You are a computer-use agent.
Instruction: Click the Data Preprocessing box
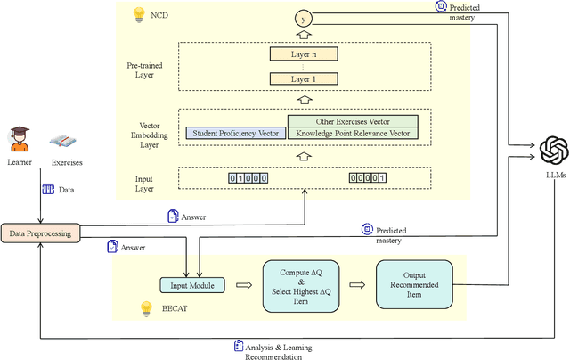[40, 233]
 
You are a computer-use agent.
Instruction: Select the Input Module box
[191, 285]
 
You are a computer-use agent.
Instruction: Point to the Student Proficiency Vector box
[235, 134]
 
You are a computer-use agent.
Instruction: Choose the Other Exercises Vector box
[352, 121]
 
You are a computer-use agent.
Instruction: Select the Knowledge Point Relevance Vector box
[352, 134]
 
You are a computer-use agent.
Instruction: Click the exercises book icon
[65, 142]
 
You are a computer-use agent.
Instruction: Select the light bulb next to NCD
[138, 15]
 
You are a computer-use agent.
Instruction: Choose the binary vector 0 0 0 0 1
[367, 178]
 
